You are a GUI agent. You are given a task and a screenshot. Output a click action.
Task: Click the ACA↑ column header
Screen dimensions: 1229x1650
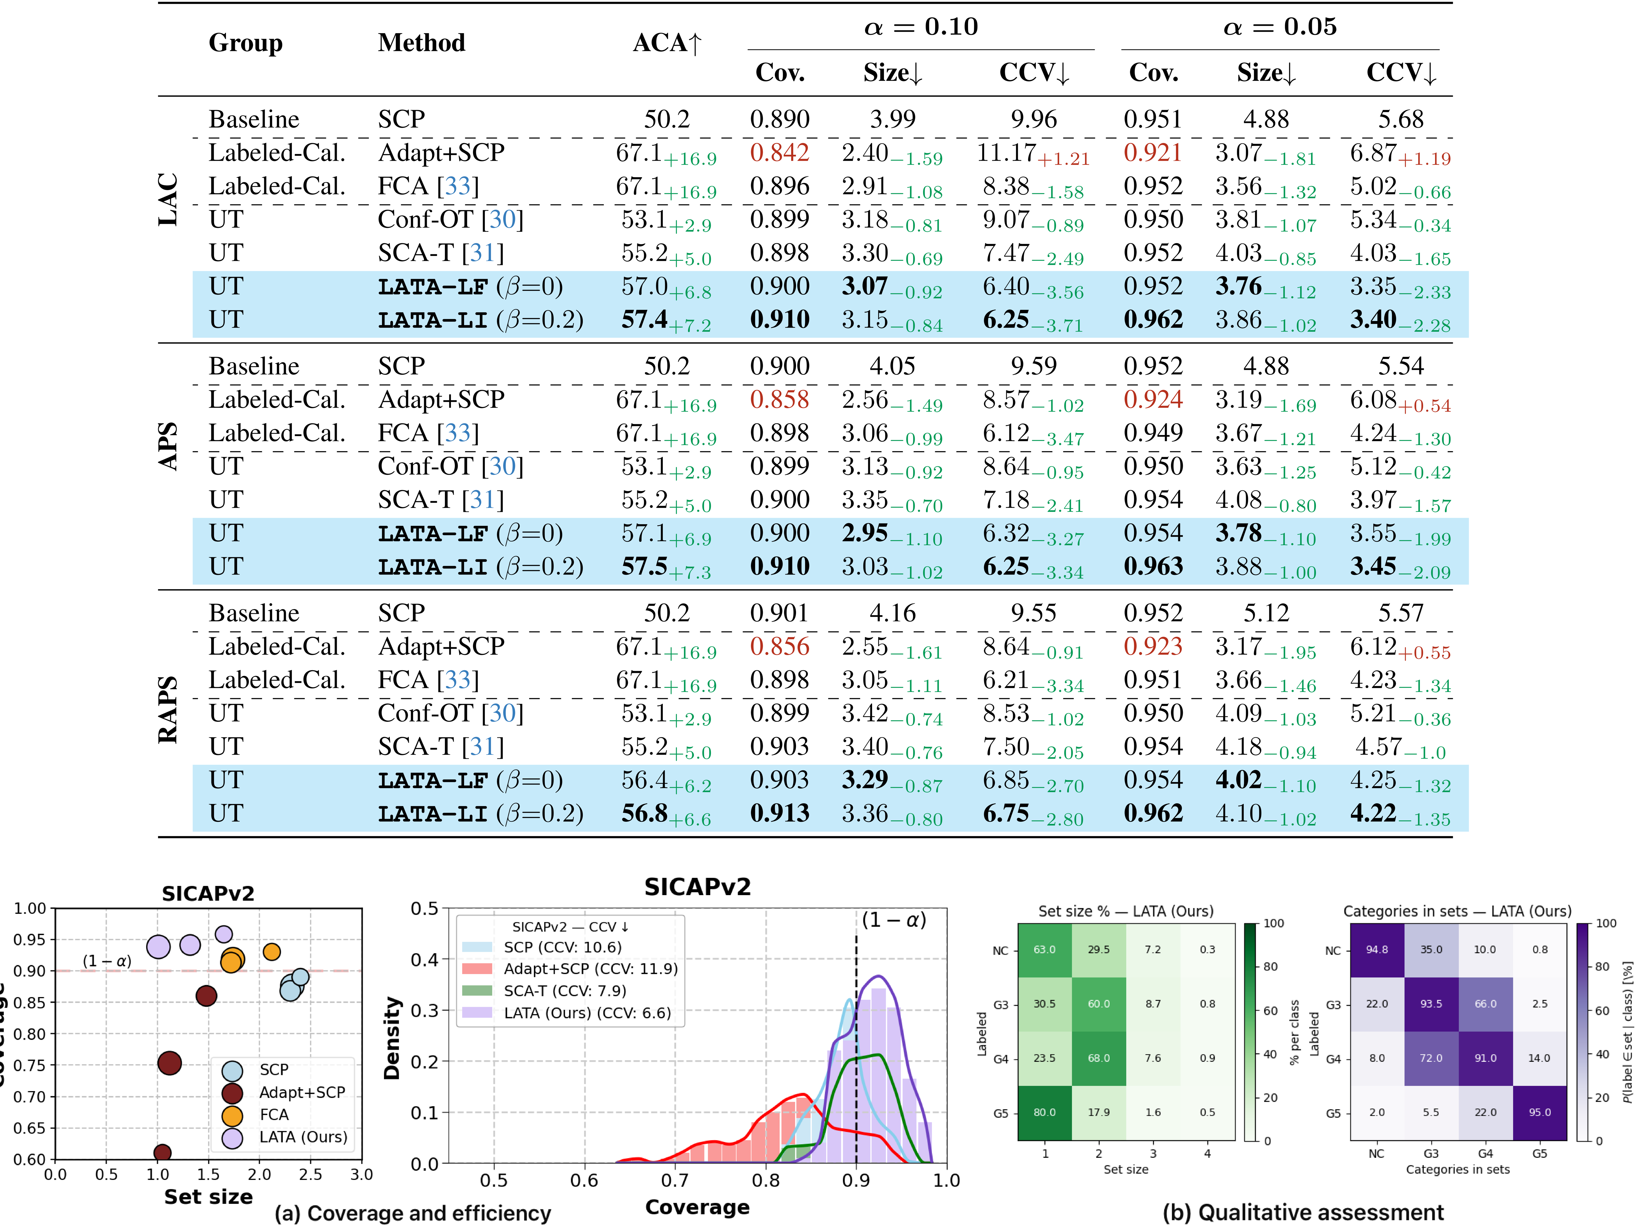pos(667,43)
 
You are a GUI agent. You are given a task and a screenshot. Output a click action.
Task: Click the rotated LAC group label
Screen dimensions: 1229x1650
pos(168,199)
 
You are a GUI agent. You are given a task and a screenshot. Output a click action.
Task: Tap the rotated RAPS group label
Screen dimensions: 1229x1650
pos(168,710)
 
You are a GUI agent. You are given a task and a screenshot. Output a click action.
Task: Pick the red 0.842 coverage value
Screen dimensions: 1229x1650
pos(779,152)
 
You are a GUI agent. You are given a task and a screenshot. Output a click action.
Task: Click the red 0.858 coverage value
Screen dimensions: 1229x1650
pos(779,399)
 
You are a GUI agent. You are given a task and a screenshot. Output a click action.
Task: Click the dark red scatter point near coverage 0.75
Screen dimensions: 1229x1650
pos(170,1063)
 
